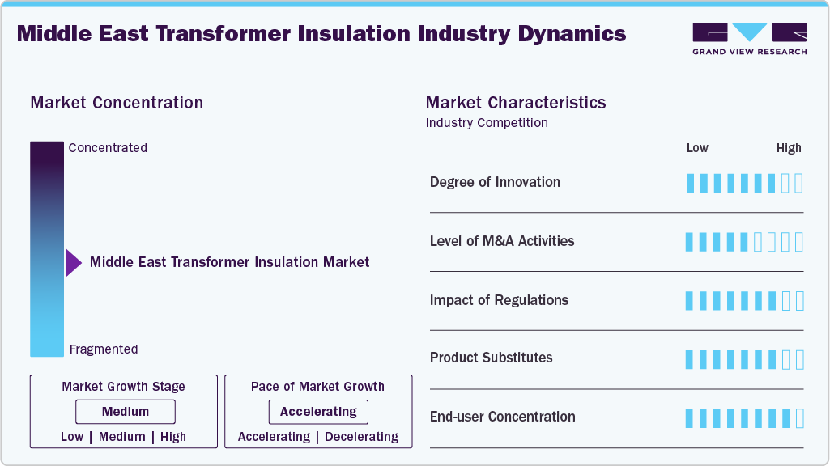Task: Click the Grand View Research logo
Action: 749,38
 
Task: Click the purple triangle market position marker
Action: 74,263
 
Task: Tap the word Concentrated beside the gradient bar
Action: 108,148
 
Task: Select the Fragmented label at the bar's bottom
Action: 104,349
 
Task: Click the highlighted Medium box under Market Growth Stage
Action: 126,412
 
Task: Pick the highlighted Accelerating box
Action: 318,412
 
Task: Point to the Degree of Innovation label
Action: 495,182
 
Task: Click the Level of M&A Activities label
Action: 502,241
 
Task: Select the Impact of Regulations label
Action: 499,300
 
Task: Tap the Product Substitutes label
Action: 491,358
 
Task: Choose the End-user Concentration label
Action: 502,417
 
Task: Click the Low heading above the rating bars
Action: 697,148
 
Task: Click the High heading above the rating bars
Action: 789,148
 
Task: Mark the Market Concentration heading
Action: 117,103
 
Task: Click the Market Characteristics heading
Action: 515,103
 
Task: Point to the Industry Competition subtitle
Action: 487,123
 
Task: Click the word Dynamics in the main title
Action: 568,34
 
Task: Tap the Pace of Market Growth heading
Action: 317,387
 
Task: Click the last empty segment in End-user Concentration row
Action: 799,418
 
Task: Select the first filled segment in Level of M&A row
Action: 690,242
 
